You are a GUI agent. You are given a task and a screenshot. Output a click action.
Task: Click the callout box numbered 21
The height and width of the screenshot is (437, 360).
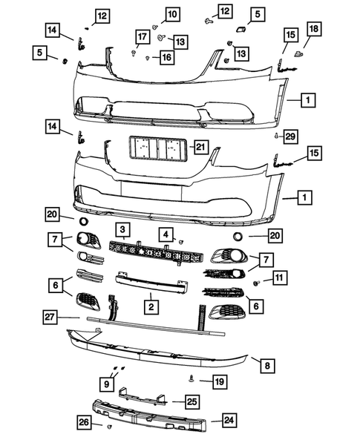pos(200,147)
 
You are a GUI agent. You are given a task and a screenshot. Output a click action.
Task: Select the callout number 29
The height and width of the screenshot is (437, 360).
pos(290,137)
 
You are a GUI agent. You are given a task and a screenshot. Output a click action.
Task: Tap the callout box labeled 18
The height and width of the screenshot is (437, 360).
pos(313,29)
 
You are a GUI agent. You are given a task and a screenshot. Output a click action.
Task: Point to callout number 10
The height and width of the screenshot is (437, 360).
pos(171,14)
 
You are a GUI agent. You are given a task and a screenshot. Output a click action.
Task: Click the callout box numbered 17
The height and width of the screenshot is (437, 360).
pos(141,37)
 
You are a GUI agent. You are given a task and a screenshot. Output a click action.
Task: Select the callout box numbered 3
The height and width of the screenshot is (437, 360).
pos(122,230)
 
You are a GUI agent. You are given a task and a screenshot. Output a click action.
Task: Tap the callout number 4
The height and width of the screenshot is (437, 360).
pos(165,234)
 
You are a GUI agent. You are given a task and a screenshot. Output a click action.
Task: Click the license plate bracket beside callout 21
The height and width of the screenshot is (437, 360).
pos(157,148)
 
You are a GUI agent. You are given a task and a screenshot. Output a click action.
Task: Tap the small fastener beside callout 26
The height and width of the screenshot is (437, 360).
pos(109,427)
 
